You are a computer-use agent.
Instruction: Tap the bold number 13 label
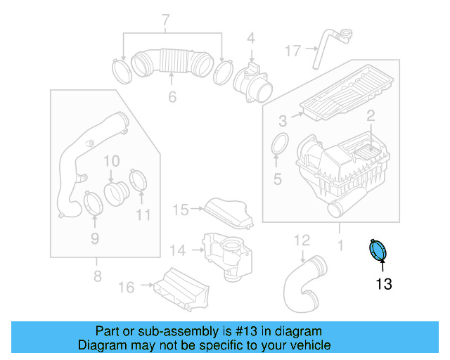coord(383,284)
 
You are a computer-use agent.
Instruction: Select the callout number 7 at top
coord(166,20)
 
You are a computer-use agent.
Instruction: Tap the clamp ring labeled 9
coord(93,203)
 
